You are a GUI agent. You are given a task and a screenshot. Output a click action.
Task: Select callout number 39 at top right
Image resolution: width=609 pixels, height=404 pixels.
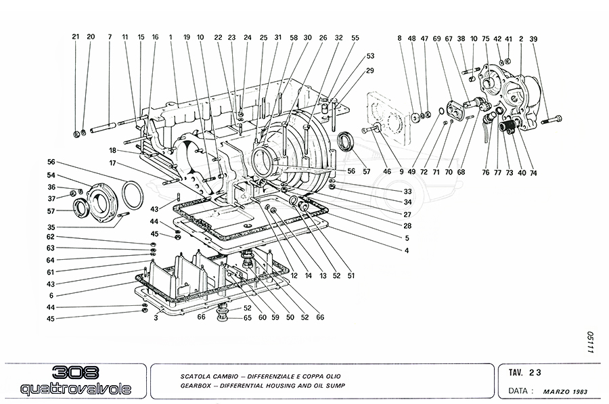pos(534,39)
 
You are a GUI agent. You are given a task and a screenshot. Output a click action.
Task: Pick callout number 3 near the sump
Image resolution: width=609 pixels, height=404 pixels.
pos(156,316)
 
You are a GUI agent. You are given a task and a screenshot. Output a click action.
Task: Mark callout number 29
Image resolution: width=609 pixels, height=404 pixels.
pos(370,70)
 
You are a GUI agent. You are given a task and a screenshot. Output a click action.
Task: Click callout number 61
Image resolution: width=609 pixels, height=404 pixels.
pos(50,271)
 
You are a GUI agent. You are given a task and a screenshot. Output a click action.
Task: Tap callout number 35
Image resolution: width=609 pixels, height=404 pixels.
pos(51,227)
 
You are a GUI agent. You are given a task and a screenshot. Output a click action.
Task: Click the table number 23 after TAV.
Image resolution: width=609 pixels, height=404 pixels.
pos(535,372)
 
